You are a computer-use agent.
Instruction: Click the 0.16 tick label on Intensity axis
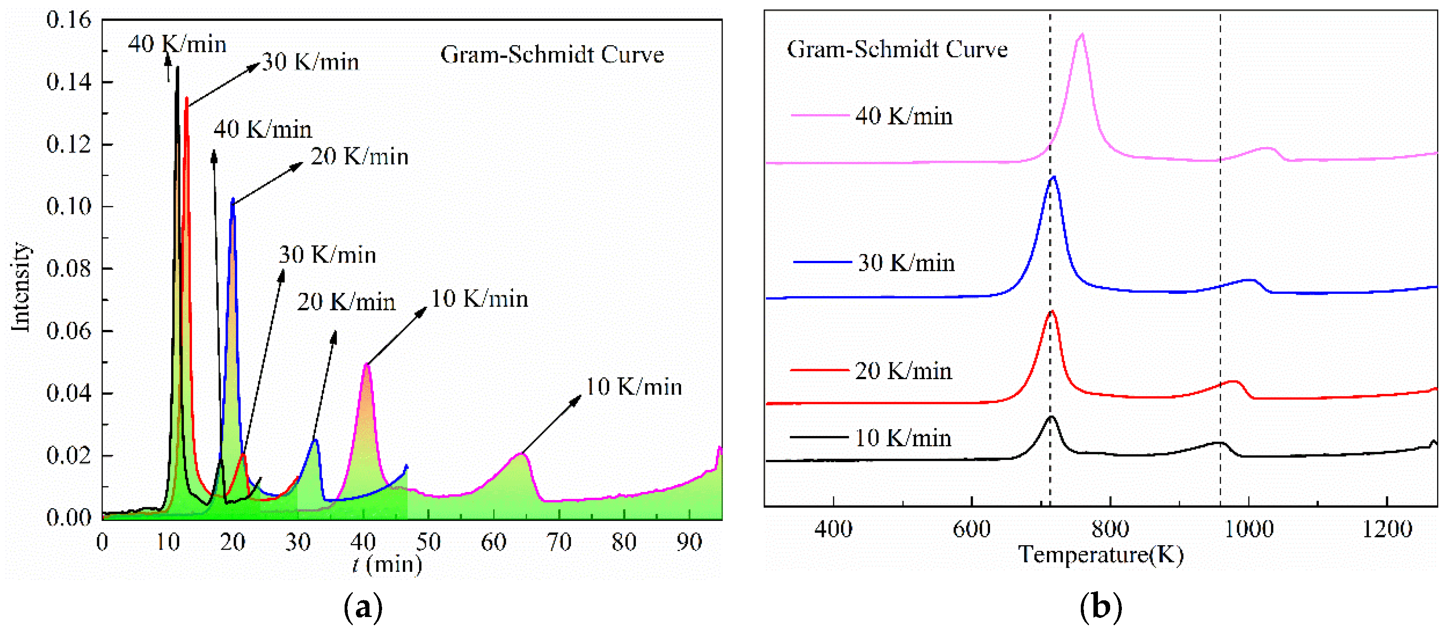click(68, 20)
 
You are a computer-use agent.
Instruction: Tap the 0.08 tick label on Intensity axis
click(68, 269)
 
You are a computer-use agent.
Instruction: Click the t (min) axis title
click(387, 564)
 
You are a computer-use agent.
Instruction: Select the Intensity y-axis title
click(21, 287)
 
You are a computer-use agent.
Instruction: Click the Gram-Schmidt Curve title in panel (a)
click(551, 55)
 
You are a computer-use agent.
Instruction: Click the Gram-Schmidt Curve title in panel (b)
click(897, 50)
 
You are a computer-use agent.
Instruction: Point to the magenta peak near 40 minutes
click(366, 366)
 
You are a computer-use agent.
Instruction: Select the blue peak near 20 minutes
click(233, 200)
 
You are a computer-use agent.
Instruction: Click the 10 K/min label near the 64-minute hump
click(634, 387)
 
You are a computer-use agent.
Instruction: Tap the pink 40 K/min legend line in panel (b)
click(820, 115)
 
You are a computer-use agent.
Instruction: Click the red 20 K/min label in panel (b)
click(903, 371)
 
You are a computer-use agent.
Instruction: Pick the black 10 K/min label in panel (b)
click(903, 438)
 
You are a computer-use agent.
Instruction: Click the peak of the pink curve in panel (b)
click(1082, 35)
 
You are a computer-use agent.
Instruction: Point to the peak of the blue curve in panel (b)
click(1053, 177)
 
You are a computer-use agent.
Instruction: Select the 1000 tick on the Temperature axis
click(1248, 529)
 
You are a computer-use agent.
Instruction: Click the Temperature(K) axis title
click(1100, 555)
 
